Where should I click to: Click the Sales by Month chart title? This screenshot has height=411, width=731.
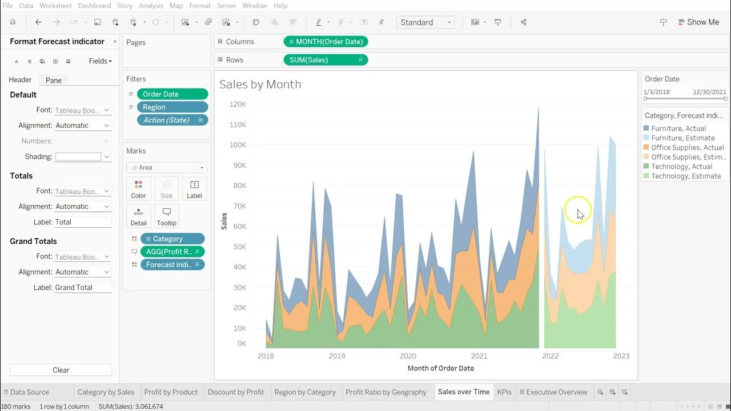[x=260, y=84]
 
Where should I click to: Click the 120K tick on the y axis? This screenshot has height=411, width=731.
[x=238, y=104]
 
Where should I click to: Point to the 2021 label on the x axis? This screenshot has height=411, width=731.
[x=479, y=356]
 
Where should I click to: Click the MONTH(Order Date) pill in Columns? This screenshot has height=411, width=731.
[x=326, y=42]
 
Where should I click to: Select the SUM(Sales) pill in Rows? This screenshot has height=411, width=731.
[x=326, y=59]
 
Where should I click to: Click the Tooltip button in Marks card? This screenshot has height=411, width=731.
[x=166, y=216]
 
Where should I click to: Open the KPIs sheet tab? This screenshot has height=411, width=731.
[x=504, y=392]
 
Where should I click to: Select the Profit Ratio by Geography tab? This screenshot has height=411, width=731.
[x=386, y=392]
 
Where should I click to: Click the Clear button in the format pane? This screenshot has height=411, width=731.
[x=61, y=370]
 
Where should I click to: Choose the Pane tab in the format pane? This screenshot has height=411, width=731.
[x=54, y=80]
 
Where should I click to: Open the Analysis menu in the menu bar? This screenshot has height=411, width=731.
[x=151, y=6]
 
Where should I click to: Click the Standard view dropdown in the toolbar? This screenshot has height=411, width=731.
[x=425, y=22]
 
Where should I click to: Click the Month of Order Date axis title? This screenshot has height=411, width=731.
[x=440, y=368]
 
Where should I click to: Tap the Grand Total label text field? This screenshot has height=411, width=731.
[x=82, y=287]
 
